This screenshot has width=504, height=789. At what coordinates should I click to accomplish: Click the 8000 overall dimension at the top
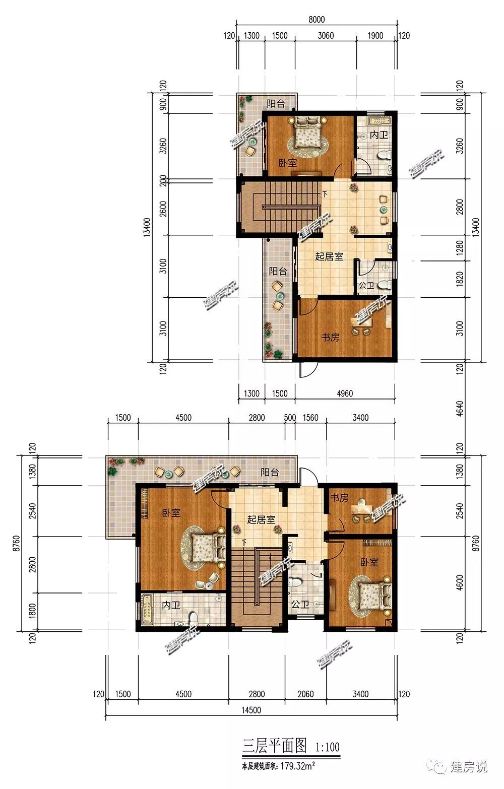point(317,19)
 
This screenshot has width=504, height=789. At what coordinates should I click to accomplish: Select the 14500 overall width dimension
point(251,710)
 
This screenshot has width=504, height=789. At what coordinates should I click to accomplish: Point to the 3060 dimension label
point(326,36)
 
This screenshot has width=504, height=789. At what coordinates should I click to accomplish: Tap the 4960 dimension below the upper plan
point(344,393)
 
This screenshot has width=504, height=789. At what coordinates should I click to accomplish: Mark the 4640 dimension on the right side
point(460,409)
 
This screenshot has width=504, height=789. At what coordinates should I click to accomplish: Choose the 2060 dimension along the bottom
point(305,694)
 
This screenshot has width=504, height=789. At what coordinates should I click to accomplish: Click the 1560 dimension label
point(310,418)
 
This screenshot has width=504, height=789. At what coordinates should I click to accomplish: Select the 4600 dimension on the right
point(460,583)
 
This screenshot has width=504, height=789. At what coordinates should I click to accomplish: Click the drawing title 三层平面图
point(275,745)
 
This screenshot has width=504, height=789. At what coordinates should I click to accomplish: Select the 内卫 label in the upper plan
point(379,135)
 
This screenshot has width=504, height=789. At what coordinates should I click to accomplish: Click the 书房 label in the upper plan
point(330,338)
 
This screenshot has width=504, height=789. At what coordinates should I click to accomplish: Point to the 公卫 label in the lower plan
point(300,605)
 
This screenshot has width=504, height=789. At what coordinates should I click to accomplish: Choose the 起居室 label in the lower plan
point(261,519)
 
